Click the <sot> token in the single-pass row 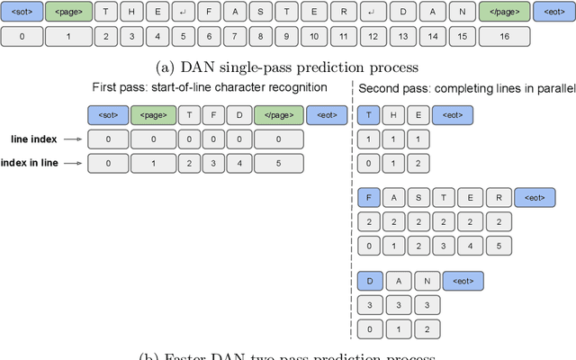click(22, 13)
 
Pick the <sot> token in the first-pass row click(107, 115)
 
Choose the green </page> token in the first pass click(278, 115)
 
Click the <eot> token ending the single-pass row click(552, 13)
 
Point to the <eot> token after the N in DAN click(463, 282)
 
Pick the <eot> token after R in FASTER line click(535, 197)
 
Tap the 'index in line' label click(31, 162)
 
